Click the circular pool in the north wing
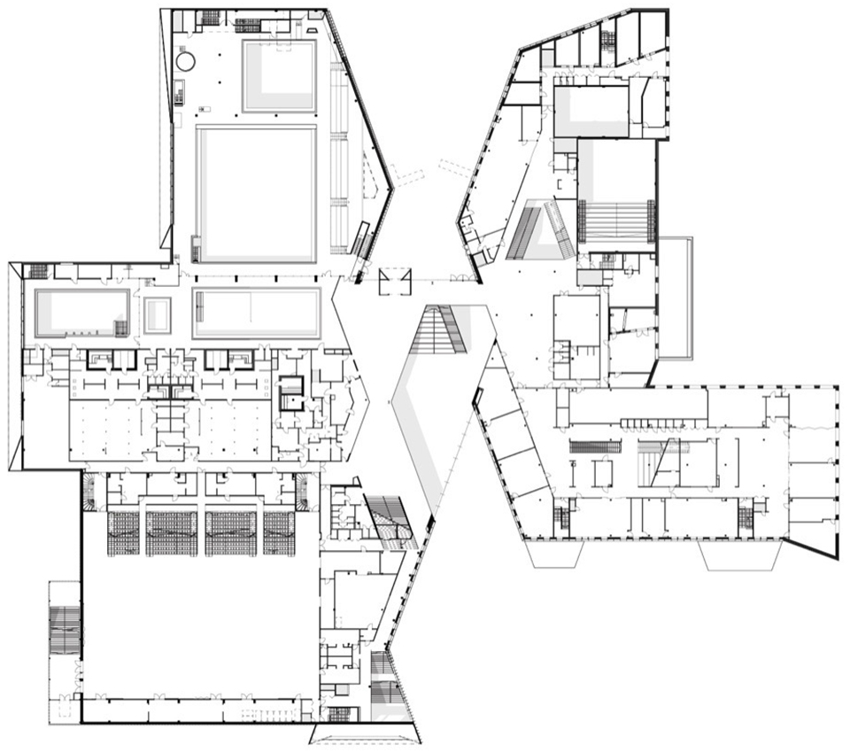tap(186, 61)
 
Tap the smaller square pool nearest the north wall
tap(279, 75)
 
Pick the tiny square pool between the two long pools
tap(158, 314)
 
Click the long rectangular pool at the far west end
tap(81, 313)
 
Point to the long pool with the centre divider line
tap(256, 312)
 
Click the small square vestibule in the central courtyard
tap(394, 282)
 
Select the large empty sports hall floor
tap(199, 620)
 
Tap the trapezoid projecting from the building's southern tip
tap(366, 733)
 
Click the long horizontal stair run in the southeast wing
tap(594, 446)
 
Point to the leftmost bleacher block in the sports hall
tap(124, 532)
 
